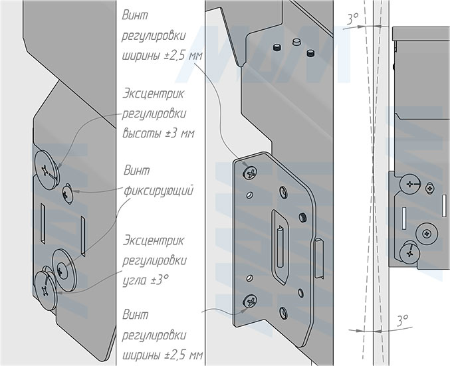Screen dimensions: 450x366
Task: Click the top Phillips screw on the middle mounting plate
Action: tap(250, 173)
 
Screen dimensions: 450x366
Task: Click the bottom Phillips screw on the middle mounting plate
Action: tap(250, 302)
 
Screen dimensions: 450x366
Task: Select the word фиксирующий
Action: tap(158, 191)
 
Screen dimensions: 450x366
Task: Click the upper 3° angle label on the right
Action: tap(353, 19)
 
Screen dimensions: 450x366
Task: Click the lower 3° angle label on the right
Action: tap(403, 321)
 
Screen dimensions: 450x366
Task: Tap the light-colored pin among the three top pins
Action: tap(296, 42)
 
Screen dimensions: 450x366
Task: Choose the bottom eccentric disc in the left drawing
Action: tap(45, 290)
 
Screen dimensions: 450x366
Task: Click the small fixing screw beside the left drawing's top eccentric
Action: tap(68, 194)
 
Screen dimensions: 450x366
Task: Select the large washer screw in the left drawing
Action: tap(63, 270)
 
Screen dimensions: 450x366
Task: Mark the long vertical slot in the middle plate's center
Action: tap(280, 247)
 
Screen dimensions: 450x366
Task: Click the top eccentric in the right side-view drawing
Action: tap(410, 184)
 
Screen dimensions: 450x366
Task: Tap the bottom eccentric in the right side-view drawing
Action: tap(410, 253)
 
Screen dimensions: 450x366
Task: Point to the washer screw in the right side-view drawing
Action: tap(427, 233)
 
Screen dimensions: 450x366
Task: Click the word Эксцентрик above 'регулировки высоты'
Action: tap(154, 94)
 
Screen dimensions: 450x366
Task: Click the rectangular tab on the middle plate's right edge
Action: tap(319, 258)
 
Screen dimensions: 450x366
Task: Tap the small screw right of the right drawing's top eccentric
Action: tap(430, 188)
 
